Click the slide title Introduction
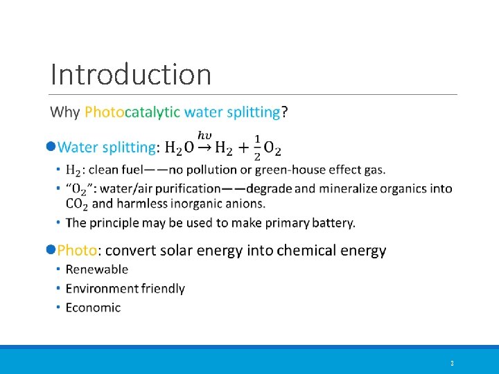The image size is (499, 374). [131, 74]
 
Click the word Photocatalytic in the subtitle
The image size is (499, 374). [132, 112]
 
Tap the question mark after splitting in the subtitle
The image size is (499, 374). [285, 112]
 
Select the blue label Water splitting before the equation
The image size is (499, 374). [107, 148]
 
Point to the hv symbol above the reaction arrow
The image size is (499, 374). [205, 134]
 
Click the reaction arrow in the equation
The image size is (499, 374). [205, 148]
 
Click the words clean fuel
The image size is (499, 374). [112, 170]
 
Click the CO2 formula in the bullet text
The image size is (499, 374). [77, 204]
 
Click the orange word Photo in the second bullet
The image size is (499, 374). [77, 251]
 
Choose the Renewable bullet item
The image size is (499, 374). [97, 269]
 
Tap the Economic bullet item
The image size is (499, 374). [93, 308]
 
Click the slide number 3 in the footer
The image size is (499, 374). [452, 364]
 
